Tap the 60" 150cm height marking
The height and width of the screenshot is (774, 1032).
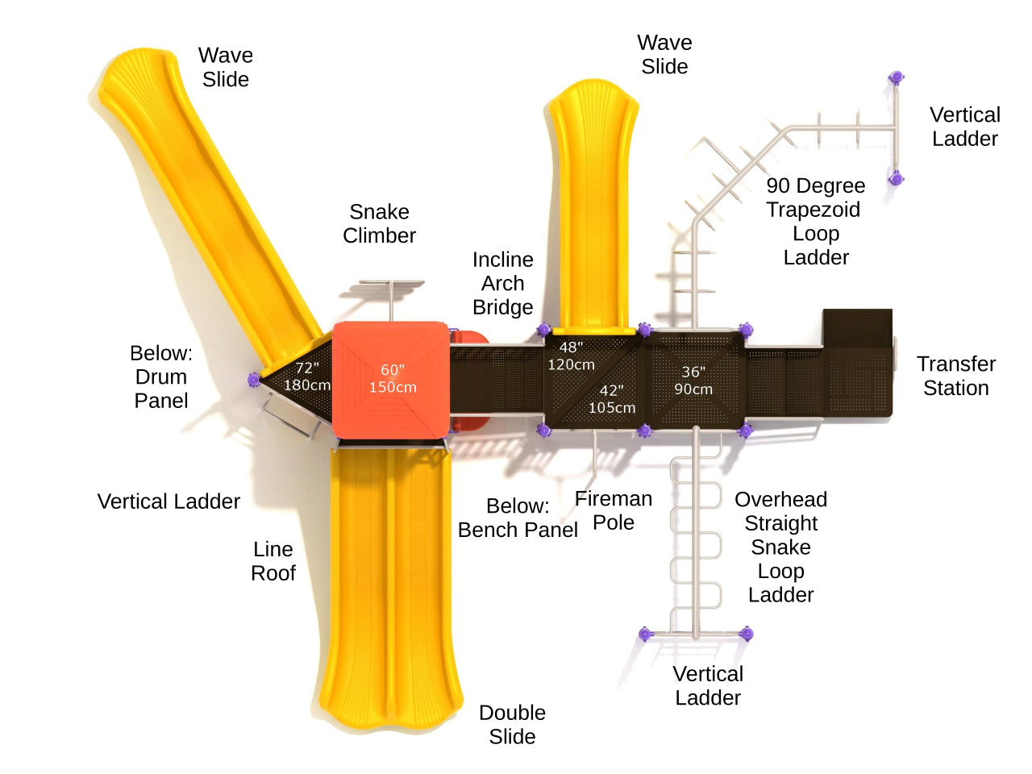393,378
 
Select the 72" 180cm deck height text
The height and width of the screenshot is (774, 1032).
307,377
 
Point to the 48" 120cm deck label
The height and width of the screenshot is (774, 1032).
571,356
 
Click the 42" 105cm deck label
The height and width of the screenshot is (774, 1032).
612,399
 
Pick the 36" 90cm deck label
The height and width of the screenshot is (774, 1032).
693,381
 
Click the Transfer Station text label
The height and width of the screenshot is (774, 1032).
956,376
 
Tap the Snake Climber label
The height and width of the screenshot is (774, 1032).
379,223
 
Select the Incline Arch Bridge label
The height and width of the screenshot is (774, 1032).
502,283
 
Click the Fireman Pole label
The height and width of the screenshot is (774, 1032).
614,510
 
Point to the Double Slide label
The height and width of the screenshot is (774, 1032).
512,724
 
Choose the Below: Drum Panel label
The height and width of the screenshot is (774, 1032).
161,377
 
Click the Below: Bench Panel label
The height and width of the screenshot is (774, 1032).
518,518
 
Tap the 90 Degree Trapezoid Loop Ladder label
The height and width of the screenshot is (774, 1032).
815,221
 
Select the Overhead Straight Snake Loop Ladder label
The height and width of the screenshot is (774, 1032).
780,547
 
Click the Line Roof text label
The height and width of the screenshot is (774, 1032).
273,561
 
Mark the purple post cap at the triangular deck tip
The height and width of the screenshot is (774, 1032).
254,380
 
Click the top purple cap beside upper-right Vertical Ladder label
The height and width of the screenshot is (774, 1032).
896,77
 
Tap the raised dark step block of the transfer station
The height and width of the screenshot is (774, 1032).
857,326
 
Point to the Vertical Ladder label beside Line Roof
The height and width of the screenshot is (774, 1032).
169,501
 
